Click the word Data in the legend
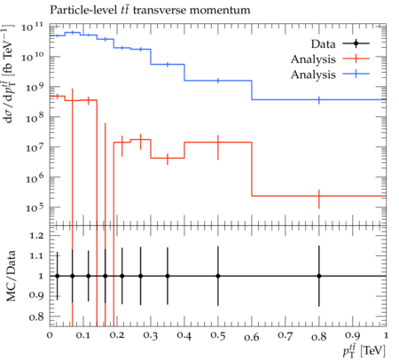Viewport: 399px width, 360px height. [x=324, y=44]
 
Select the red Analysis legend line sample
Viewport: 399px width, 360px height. [x=356, y=59]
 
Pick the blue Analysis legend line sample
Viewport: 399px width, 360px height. [x=356, y=74]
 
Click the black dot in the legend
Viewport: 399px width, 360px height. [x=356, y=43]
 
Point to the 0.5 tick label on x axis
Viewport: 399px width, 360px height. [x=218, y=336]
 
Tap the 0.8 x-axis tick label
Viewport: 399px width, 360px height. [x=319, y=336]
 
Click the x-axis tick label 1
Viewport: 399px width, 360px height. [x=386, y=336]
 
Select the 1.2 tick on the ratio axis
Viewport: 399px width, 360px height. [x=36, y=236]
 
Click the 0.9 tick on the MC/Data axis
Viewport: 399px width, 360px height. [x=36, y=295]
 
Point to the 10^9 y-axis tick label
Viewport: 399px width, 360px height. [x=34, y=87]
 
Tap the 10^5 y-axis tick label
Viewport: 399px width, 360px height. [x=34, y=207]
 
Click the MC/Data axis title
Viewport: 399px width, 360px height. [x=11, y=276]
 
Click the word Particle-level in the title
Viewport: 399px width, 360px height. [x=83, y=11]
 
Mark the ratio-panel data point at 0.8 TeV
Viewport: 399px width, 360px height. [x=319, y=276]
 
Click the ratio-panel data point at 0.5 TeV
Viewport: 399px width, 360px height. [x=218, y=276]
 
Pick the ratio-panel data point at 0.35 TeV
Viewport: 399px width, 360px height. [x=168, y=276]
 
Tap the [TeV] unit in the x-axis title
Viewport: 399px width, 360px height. [x=373, y=351]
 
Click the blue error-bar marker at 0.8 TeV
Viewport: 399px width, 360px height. [x=319, y=100]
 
